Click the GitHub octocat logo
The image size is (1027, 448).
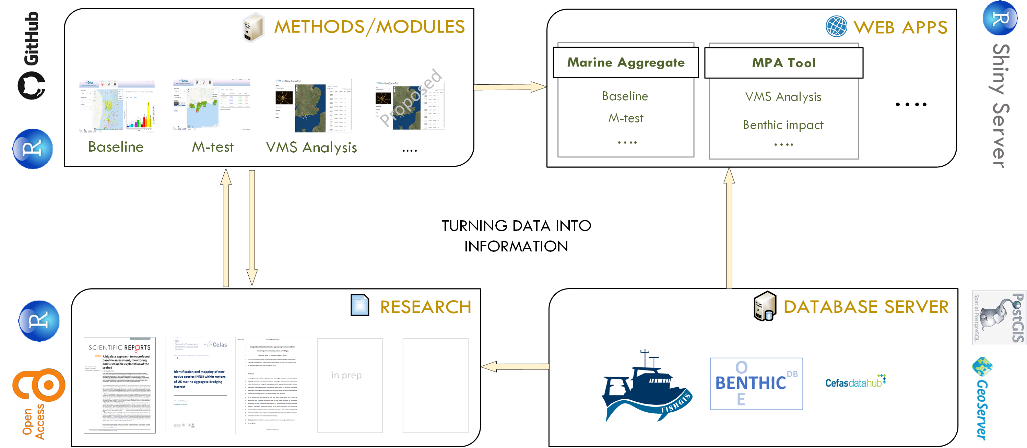click(x=31, y=85)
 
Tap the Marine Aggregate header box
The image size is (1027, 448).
click(x=626, y=62)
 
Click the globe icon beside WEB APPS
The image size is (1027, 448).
click(x=836, y=27)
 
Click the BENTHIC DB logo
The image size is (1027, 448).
click(x=756, y=384)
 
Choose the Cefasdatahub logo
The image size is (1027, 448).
click(x=855, y=382)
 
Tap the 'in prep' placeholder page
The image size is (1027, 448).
click(x=350, y=385)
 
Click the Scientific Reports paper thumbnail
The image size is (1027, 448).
click(x=120, y=385)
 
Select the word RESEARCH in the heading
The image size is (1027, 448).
click(x=425, y=307)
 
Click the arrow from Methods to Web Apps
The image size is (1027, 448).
click(x=510, y=87)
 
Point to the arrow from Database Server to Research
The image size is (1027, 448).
click(x=515, y=366)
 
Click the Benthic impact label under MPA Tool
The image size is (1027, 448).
click(x=783, y=125)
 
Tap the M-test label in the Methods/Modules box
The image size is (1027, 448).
click(x=212, y=147)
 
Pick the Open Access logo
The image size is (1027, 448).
click(x=38, y=403)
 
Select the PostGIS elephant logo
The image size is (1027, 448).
click(x=998, y=318)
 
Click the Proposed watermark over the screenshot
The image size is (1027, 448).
click(x=411, y=98)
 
